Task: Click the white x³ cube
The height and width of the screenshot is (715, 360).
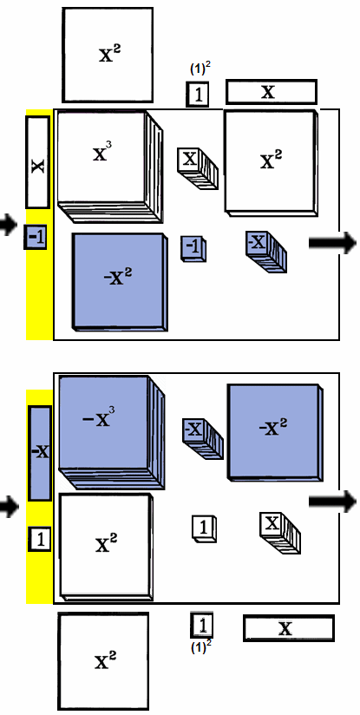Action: click(109, 167)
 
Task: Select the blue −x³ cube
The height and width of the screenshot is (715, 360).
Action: click(111, 432)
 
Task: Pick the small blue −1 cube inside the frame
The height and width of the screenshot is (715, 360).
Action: click(193, 249)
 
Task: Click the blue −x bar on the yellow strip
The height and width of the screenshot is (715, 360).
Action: click(40, 453)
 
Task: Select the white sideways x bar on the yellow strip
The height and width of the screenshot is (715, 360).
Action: click(38, 162)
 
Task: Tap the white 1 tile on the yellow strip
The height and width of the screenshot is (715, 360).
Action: click(40, 539)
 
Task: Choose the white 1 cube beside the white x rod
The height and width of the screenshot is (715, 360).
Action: click(204, 529)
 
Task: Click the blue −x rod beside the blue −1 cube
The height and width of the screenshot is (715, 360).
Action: click(266, 252)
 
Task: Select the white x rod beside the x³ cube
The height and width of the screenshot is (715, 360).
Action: click(198, 168)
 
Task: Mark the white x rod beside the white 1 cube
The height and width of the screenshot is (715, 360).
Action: click(280, 533)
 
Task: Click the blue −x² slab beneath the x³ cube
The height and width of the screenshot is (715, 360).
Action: click(120, 282)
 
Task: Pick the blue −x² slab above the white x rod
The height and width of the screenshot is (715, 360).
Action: click(275, 432)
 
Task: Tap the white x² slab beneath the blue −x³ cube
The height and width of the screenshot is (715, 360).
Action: click(106, 548)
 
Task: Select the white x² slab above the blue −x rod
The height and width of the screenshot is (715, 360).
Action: click(271, 162)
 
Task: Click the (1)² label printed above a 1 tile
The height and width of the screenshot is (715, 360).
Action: click(200, 69)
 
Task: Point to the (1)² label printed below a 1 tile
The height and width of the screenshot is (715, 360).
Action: click(200, 647)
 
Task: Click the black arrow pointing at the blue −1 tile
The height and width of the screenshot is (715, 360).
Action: click(8, 226)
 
